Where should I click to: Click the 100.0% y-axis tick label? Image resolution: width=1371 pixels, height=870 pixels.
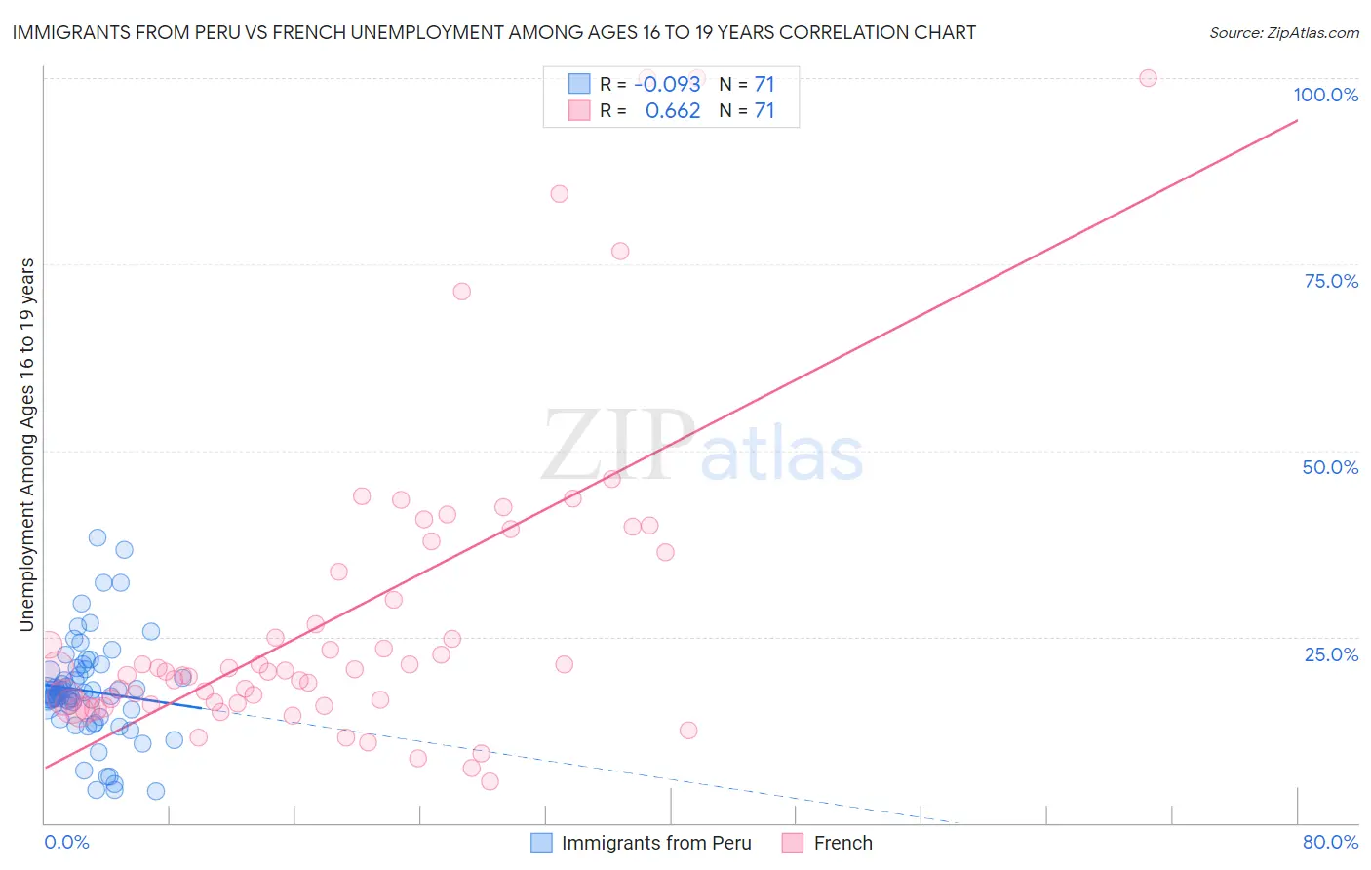tap(1325, 95)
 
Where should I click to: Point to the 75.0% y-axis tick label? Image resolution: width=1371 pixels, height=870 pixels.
tap(1331, 281)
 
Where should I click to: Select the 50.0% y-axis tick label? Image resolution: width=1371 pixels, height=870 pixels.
tap(1330, 467)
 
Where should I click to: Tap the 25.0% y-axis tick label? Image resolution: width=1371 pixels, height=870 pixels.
tap(1331, 653)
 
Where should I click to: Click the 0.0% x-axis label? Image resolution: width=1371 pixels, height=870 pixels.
tap(66, 842)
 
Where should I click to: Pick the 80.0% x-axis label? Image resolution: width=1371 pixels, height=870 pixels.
tap(1330, 842)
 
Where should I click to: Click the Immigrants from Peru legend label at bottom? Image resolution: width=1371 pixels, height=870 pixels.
tap(656, 843)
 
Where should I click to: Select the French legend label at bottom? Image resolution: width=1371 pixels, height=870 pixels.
tap(842, 843)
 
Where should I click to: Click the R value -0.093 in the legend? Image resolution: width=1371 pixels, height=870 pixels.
tap(667, 84)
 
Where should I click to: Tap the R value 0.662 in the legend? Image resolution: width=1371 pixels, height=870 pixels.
tap(673, 111)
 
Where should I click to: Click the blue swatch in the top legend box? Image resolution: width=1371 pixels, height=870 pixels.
tap(579, 84)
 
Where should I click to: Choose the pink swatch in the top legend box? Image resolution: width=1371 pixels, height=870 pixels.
tap(579, 111)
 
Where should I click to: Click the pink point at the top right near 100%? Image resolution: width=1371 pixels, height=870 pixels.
tap(1148, 78)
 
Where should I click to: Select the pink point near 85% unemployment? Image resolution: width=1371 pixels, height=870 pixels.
tap(559, 194)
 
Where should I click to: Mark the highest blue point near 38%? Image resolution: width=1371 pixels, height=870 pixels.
tap(98, 537)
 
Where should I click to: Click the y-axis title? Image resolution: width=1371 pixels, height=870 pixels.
tap(26, 445)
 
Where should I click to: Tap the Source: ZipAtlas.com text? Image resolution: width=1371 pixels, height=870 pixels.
tap(1283, 32)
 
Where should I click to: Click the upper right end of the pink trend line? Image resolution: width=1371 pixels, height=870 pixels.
tap(1297, 120)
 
